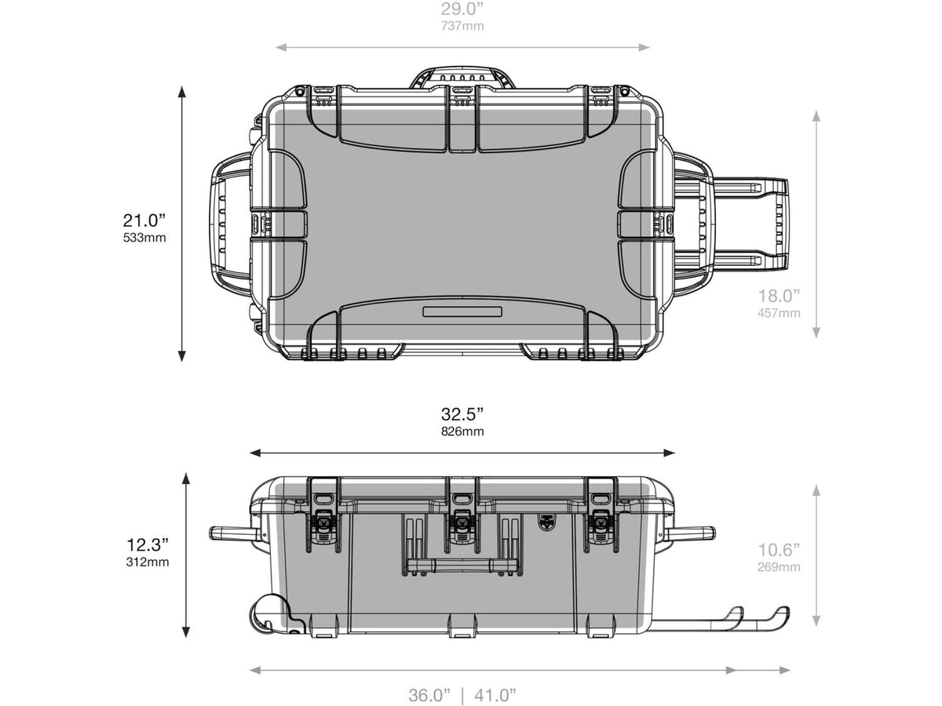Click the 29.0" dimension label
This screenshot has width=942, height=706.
click(x=462, y=9)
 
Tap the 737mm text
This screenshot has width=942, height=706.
click(x=462, y=26)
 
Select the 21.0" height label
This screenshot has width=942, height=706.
click(x=144, y=220)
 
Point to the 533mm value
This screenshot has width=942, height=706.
click(x=144, y=238)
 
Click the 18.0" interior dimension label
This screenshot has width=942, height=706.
click(x=779, y=297)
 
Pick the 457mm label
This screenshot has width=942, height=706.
click(x=779, y=313)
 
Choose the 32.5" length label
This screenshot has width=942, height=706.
click(x=462, y=414)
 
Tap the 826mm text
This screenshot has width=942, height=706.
click(x=462, y=431)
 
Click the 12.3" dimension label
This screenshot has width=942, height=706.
click(x=148, y=545)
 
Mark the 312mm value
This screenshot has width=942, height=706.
click(x=148, y=562)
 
